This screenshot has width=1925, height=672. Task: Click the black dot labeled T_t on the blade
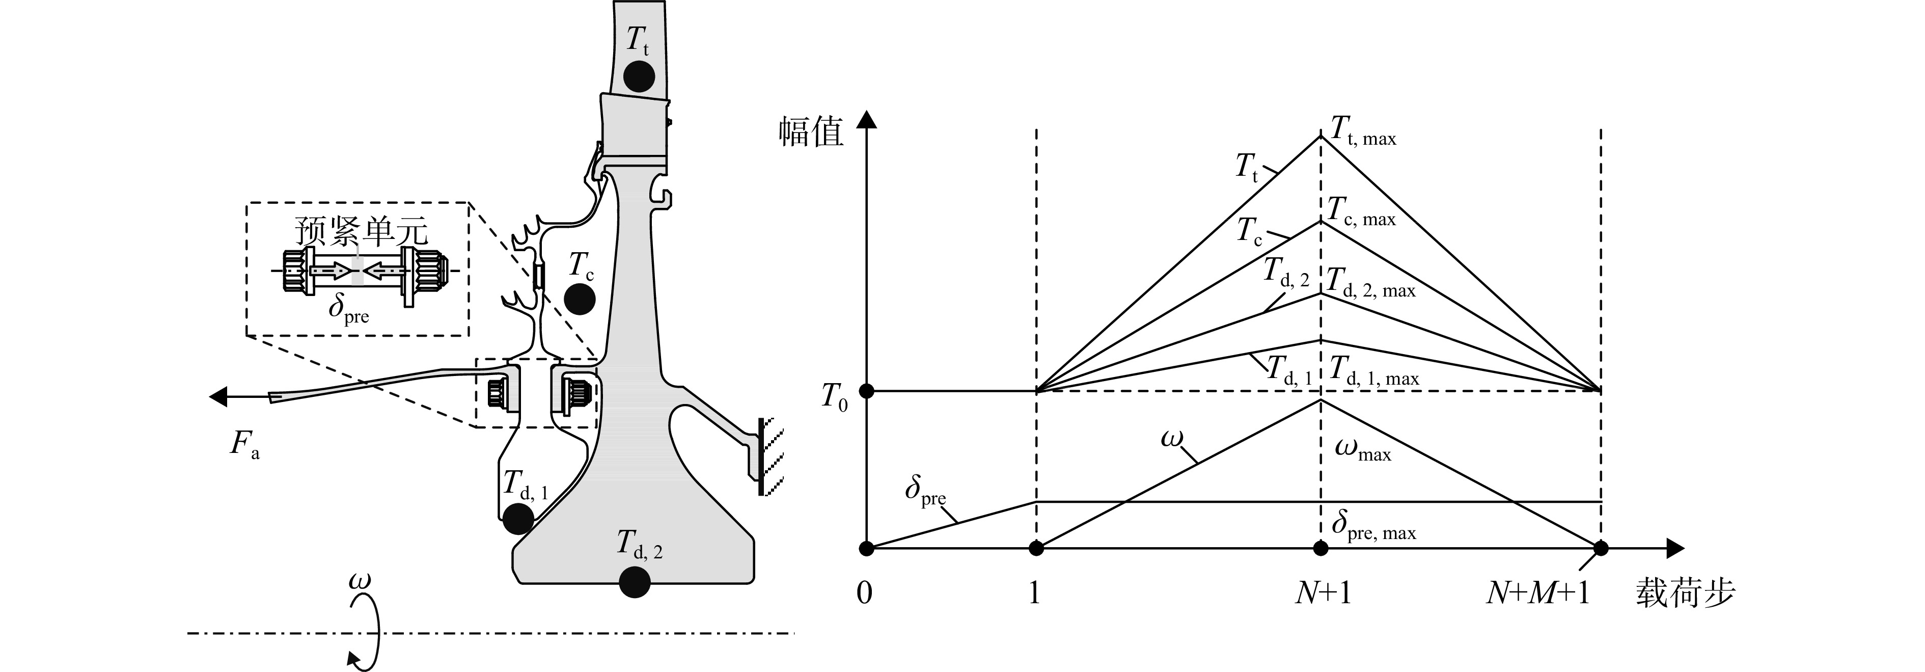coord(639,75)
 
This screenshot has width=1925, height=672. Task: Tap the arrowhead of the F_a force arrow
coord(217,396)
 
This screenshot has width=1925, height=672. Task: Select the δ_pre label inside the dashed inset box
coord(349,309)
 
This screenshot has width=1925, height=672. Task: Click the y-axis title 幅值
coord(812,131)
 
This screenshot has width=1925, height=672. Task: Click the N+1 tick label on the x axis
coord(1323,593)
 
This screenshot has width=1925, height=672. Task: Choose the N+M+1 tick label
coord(1538,593)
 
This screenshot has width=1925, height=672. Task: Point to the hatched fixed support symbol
coord(767,456)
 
